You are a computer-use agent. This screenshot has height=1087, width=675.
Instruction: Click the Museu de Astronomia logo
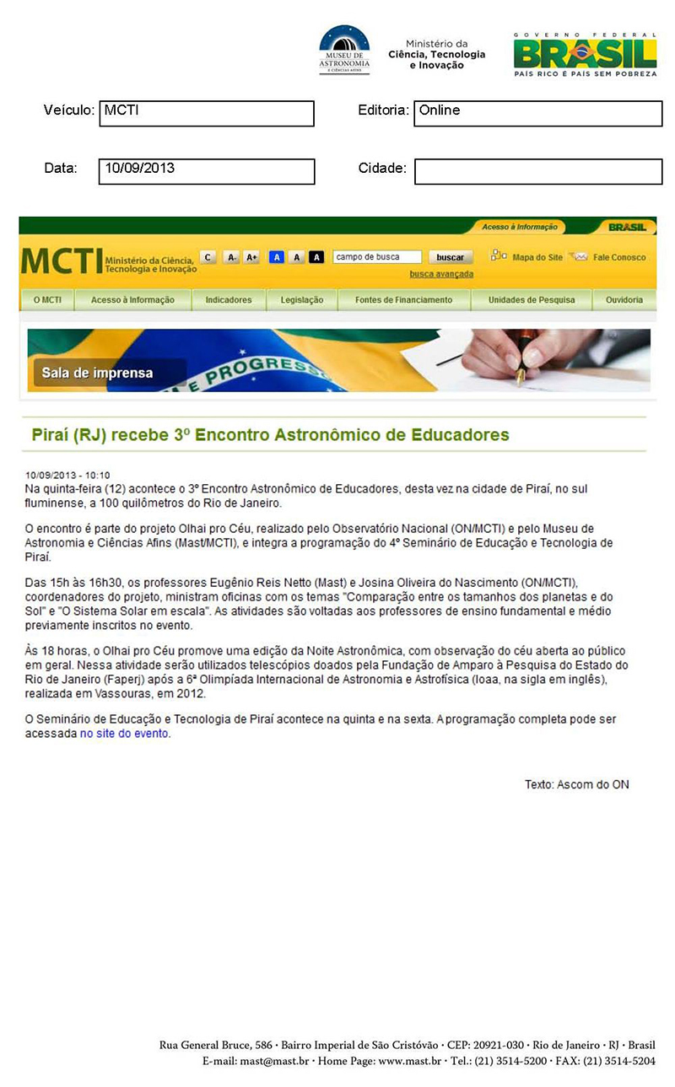[344, 50]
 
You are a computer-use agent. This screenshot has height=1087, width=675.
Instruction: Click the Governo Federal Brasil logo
[585, 55]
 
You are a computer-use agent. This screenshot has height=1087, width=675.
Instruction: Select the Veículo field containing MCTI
[207, 114]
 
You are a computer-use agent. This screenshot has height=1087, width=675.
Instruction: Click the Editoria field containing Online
[537, 114]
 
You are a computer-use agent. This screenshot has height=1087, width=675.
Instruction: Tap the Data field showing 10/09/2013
[207, 171]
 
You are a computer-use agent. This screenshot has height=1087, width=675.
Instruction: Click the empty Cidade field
[537, 171]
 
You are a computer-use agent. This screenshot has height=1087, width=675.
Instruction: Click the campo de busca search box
[377, 257]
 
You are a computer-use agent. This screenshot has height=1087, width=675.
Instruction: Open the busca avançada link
[441, 274]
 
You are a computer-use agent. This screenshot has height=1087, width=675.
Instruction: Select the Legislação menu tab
[302, 299]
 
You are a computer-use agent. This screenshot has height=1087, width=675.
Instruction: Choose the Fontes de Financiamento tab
[403, 299]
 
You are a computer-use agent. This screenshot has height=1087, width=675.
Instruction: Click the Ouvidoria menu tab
[624, 299]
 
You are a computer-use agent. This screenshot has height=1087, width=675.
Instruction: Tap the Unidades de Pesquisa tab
[532, 299]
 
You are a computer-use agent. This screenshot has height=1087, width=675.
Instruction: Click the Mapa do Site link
[537, 257]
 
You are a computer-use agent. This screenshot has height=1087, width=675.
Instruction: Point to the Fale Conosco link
[618, 257]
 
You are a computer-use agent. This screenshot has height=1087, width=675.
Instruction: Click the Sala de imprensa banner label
[93, 373]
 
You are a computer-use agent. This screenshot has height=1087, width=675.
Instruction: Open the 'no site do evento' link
[125, 734]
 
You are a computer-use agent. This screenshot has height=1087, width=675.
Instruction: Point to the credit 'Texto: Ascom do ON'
[576, 785]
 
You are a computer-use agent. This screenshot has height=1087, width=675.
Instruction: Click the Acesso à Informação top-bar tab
[520, 227]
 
